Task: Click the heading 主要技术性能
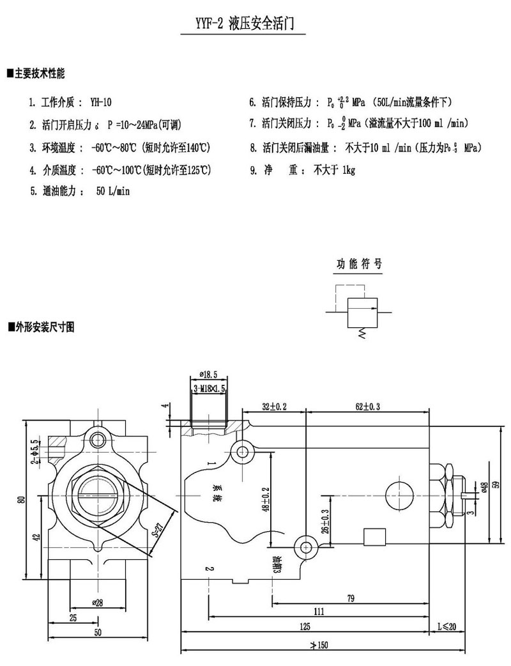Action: pyautogui.click(x=39, y=73)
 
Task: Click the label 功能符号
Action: pyautogui.click(x=360, y=264)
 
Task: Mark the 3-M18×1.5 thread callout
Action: pyautogui.click(x=210, y=388)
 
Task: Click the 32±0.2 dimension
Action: pyautogui.click(x=273, y=406)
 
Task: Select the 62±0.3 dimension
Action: pyautogui.click(x=367, y=406)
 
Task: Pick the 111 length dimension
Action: pyautogui.click(x=319, y=611)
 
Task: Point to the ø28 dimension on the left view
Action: pyautogui.click(x=98, y=602)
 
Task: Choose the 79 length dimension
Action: pyautogui.click(x=351, y=598)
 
